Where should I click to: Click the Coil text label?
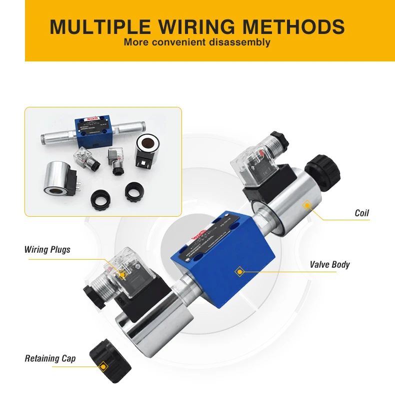361,213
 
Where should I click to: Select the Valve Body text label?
329,264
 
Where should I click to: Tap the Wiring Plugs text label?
47,249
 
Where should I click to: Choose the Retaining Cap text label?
50,359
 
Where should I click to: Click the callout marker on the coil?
307,204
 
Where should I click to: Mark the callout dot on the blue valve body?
239,272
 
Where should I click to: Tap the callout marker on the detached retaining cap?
103,367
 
